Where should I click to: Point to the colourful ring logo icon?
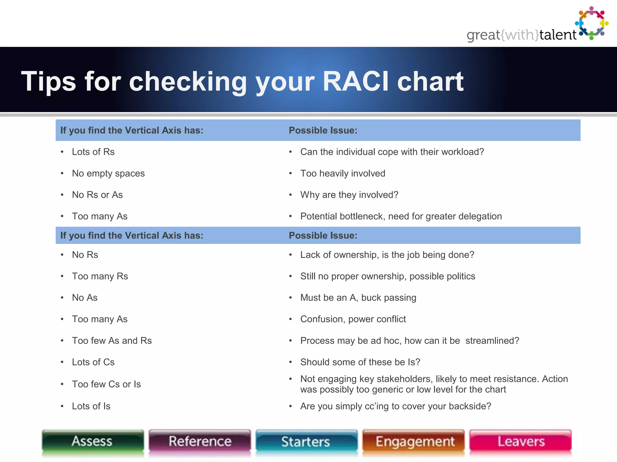pos(592,23)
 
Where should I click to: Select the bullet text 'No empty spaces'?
pos(108,174)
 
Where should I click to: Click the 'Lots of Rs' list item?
pos(93,152)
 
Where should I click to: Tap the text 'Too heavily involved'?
pos(343,174)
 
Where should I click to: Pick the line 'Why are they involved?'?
pos(349,195)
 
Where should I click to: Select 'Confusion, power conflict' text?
pos(353,319)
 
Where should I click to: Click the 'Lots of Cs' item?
pos(93,362)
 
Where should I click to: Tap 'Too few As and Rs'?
pos(112,341)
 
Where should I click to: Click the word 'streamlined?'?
pos(492,341)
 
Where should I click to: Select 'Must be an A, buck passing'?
pos(358,298)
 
